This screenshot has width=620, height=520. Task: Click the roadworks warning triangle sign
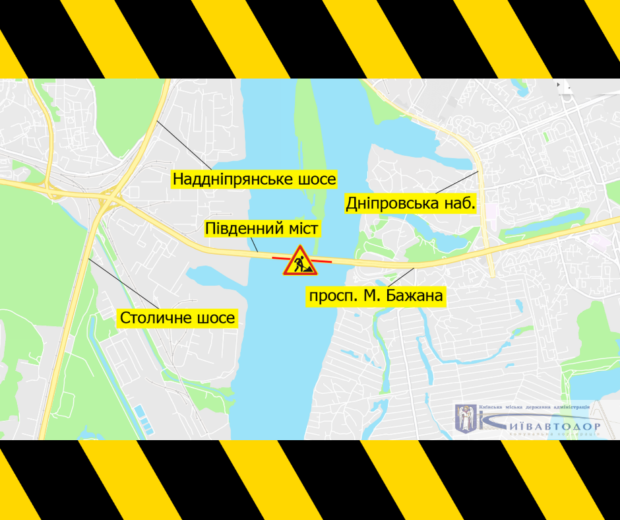(x=301, y=261)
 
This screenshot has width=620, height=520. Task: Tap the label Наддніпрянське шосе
(x=255, y=179)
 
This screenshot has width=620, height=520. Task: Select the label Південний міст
(x=262, y=229)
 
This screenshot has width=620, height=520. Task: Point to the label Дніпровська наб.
(x=410, y=204)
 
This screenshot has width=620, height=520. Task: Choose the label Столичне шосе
(x=177, y=319)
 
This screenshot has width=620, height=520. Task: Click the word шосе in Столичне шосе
(x=215, y=319)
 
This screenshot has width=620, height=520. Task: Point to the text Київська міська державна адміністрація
(x=534, y=408)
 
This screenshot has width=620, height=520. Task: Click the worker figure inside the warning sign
(x=301, y=264)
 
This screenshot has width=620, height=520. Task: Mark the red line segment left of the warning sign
(x=278, y=257)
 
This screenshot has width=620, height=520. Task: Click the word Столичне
(x=156, y=319)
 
